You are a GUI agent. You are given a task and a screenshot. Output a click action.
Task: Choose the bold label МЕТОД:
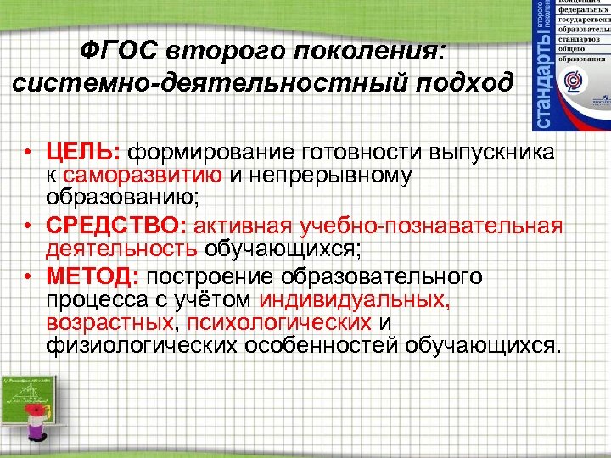tap(96, 277)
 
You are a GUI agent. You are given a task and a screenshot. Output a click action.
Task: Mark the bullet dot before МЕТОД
tap(28, 278)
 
